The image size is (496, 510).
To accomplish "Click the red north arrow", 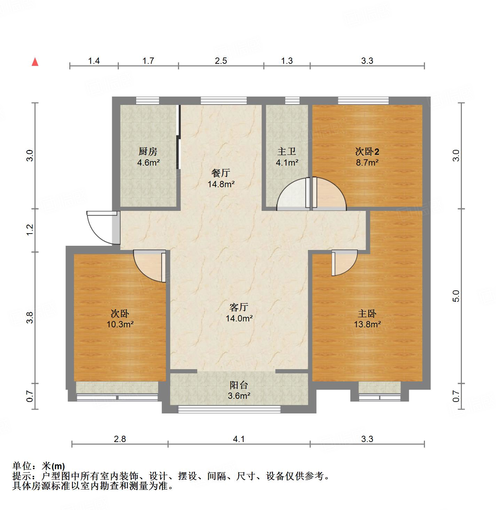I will (x=35, y=62).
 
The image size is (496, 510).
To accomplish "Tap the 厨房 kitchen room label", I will (x=148, y=152).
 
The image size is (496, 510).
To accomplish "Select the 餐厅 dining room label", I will (x=221, y=173).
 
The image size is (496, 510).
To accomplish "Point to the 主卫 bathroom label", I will (x=287, y=152).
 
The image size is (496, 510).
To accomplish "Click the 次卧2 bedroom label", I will (x=367, y=152).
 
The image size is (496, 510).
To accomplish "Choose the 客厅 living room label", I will (x=239, y=307).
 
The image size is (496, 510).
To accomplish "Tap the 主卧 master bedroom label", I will (x=367, y=314).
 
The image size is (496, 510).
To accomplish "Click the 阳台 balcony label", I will (x=239, y=385).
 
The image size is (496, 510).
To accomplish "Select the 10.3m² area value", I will (x=120, y=324).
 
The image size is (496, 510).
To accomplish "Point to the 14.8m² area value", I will (x=221, y=184).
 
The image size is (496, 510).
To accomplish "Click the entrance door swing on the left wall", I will (x=101, y=227).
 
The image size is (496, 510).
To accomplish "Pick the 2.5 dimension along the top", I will (x=221, y=61).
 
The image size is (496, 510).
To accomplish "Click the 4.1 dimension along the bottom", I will (x=239, y=439).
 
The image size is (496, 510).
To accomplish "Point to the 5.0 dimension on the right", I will (x=457, y=296).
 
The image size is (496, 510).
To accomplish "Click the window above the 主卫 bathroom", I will (x=292, y=101).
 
